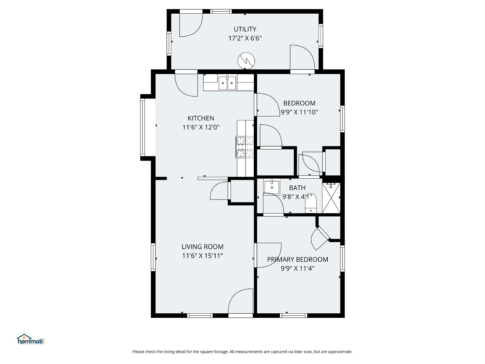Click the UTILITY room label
245,29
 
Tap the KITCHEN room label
201,118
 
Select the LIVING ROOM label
202,247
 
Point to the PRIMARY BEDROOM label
297,259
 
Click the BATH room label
297,188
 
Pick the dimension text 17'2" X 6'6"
245,38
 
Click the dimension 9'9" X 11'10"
299,112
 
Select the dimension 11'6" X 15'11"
202,256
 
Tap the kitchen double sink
227,83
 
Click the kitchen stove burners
245,147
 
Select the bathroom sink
272,187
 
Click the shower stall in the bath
331,198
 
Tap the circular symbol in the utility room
246,61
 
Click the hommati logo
31,339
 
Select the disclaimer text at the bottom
242,352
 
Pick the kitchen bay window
142,127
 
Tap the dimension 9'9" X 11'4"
297,268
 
